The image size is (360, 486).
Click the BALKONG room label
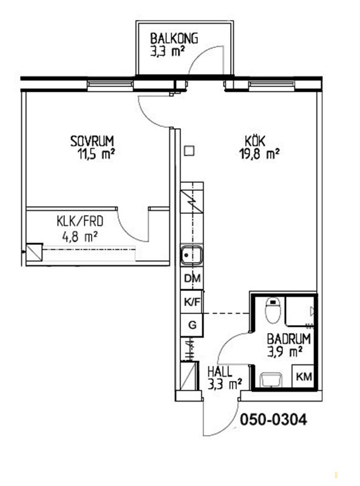174,38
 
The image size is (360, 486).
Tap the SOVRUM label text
92,141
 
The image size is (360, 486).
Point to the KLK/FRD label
80,221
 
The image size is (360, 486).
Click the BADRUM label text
289,339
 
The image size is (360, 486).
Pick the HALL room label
220,372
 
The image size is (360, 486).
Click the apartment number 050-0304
274,420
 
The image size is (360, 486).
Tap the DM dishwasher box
192,278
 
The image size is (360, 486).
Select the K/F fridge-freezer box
192,301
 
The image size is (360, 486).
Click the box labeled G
192,325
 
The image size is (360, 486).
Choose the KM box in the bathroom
304,376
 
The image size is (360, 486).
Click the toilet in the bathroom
273,310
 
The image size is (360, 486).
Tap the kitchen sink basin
192,255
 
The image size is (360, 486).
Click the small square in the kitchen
189,151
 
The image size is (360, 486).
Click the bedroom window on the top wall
110,84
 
